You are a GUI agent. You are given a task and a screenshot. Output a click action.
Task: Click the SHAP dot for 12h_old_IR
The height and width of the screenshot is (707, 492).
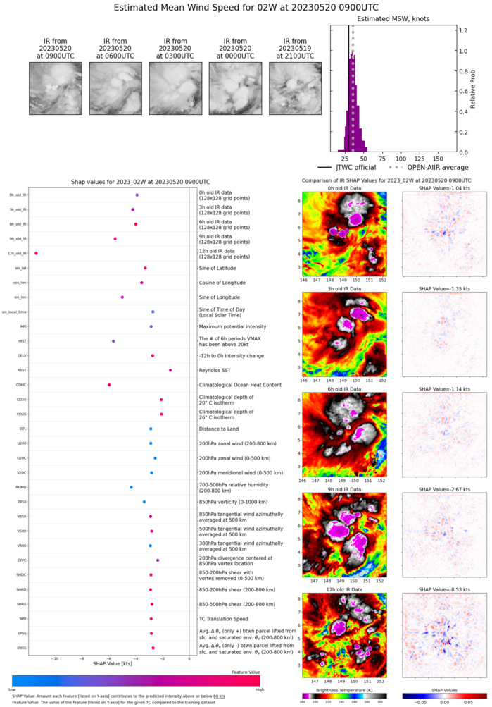coord(36,253)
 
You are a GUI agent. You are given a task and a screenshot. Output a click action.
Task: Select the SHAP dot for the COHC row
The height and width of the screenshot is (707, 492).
coord(109,385)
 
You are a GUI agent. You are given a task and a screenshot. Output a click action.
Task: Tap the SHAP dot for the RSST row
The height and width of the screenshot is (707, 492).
coord(170,370)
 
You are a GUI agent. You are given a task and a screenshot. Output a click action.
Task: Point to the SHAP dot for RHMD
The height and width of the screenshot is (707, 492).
coord(131,487)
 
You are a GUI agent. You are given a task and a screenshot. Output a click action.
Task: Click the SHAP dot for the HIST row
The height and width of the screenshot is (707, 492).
coord(113,341)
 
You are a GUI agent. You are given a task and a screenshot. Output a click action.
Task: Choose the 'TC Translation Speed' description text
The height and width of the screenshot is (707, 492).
coord(222,619)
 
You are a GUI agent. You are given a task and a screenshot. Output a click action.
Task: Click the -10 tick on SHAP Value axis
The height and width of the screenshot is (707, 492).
coord(55,658)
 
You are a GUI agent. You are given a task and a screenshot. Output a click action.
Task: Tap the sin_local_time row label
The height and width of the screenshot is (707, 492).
coord(14,312)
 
